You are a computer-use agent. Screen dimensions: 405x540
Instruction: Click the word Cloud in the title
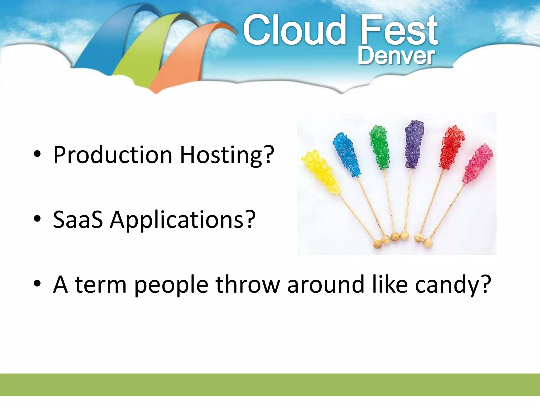tap(294, 30)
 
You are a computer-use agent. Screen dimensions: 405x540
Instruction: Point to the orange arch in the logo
tap(182, 58)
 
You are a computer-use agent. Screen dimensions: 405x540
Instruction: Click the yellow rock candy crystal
tap(320, 171)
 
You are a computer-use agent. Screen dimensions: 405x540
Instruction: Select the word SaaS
tap(78, 220)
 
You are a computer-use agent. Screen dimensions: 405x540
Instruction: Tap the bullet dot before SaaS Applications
tap(37, 219)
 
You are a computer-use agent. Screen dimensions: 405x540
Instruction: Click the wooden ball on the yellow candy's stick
tap(378, 244)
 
